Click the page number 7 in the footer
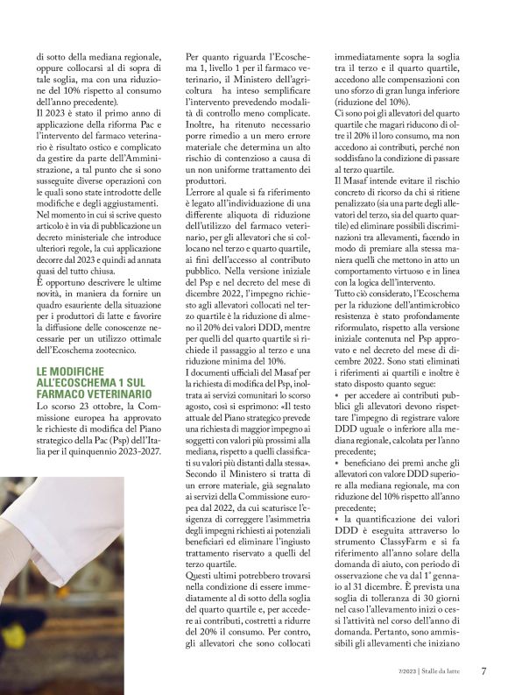tap(483, 672)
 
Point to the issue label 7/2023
tap(399, 673)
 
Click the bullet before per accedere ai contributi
tap(337, 395)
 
